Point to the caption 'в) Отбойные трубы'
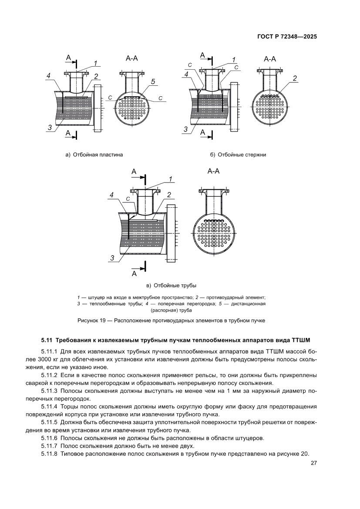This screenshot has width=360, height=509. pyautogui.click(x=172, y=286)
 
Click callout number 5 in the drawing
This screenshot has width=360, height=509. pyautogui.click(x=153, y=81)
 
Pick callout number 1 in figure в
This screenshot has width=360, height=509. pyautogui.click(x=171, y=179)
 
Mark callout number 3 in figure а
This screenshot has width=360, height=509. pyautogui.click(x=50, y=127)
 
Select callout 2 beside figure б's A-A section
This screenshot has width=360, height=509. pyautogui.click(x=295, y=78)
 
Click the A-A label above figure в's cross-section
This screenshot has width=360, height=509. pyautogui.click(x=213, y=171)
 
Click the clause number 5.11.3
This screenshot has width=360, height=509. pyautogui.click(x=49, y=391)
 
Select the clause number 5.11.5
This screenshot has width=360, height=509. pyautogui.click(x=49, y=422)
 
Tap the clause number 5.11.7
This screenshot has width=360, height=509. pyautogui.click(x=49, y=446)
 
